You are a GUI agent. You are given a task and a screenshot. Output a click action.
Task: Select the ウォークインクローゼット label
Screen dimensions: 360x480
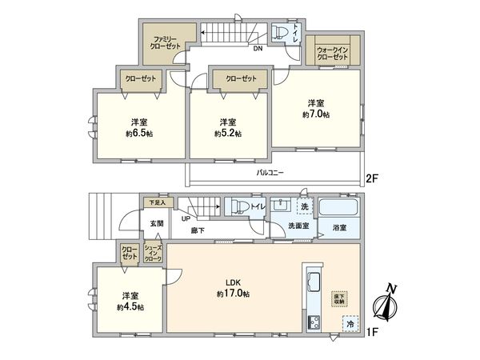331,53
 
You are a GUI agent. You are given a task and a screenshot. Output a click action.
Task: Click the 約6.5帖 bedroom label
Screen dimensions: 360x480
139,127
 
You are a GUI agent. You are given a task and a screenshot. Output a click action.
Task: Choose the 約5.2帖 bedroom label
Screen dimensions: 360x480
228,127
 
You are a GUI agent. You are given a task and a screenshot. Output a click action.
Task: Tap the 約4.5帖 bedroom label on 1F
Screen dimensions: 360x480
129,301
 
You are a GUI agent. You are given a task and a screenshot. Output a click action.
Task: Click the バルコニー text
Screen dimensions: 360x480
270,173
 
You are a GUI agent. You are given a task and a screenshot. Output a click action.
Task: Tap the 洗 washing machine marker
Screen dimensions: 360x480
303,207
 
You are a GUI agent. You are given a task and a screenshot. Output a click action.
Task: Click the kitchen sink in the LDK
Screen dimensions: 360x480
312,282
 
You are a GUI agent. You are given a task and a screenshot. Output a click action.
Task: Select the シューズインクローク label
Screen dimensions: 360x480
153,254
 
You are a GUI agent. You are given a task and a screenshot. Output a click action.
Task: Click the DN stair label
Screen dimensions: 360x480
258,50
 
